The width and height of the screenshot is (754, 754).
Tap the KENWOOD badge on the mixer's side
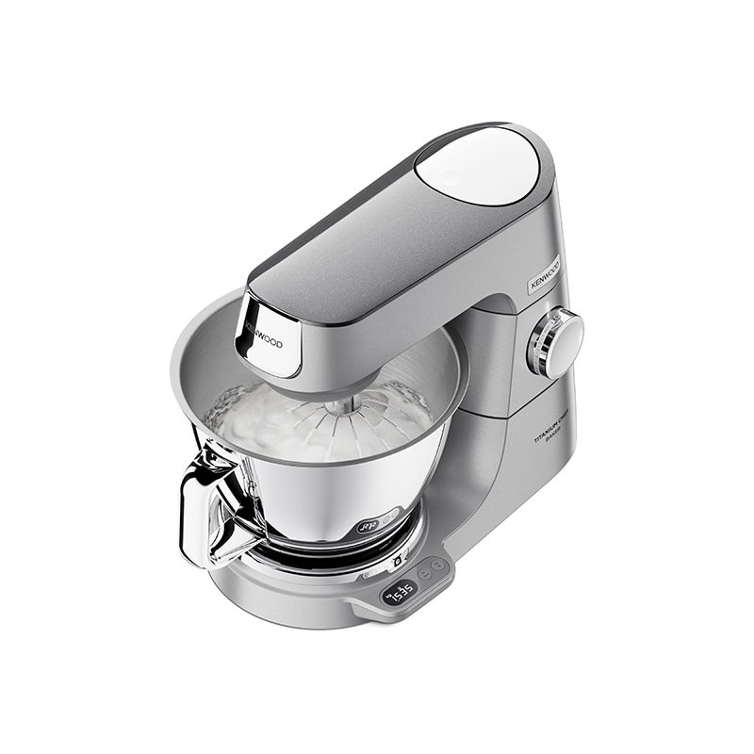544,273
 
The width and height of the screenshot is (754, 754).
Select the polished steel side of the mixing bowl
311,500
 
